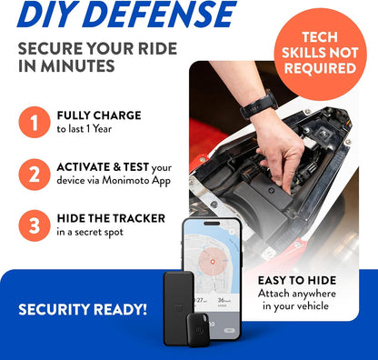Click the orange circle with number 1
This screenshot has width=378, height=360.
[35, 122]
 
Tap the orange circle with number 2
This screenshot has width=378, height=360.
[35, 175]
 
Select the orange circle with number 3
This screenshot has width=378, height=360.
[35, 225]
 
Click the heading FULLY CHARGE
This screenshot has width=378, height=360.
[99, 115]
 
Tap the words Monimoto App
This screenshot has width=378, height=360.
[136, 181]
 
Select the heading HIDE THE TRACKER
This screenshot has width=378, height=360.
[111, 218]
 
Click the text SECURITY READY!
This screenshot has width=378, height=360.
[83, 309]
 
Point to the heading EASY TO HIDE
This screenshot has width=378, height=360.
[297, 280]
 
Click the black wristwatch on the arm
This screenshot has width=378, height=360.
[259, 105]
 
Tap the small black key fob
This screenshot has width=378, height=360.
[198, 329]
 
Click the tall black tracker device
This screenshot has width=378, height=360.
[179, 307]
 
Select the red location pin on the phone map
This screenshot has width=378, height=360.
[213, 262]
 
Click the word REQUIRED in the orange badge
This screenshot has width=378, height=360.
[320, 68]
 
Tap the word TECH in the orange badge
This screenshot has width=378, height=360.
[320, 37]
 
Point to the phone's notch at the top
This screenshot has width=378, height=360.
[212, 224]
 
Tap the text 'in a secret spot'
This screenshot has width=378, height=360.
[90, 233]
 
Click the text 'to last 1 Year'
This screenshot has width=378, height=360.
[85, 129]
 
